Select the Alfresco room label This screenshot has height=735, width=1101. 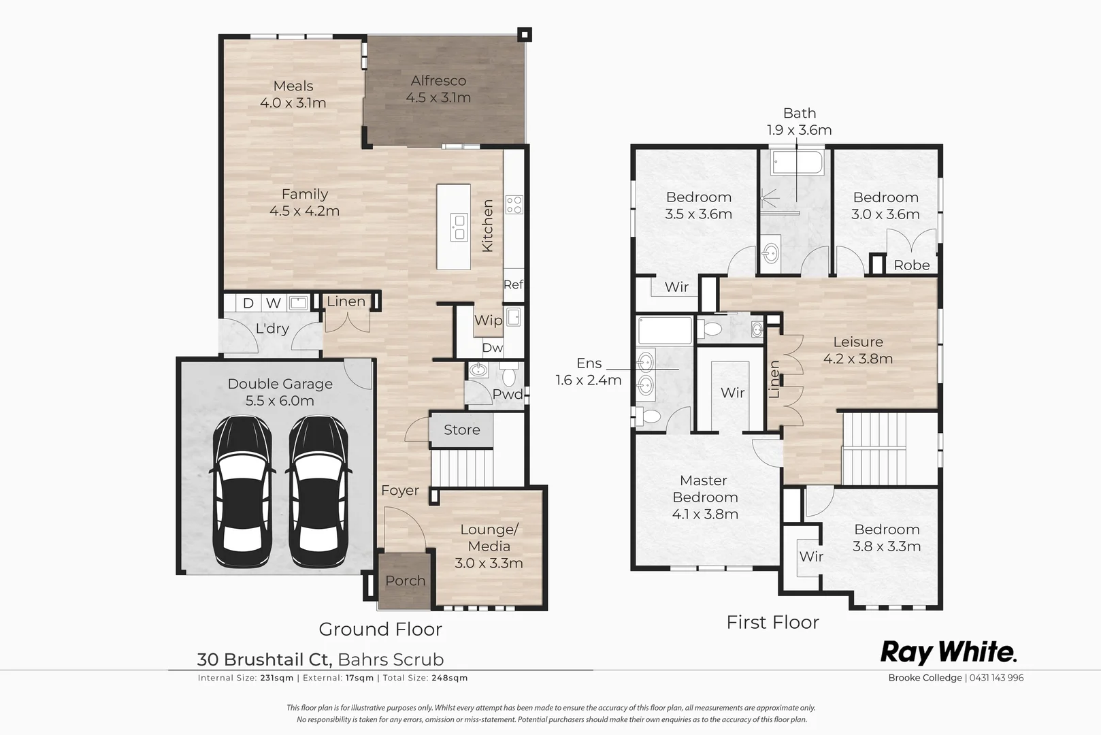point(438,81)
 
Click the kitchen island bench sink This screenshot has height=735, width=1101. point(459,227)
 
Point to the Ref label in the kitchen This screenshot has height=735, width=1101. point(513,284)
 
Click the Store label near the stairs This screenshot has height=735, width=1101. point(461,429)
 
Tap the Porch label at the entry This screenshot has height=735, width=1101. point(405,581)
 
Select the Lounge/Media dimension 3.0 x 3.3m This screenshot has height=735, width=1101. point(489,563)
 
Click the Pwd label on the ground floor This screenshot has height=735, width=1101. point(507,394)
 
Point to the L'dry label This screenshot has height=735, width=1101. point(272,328)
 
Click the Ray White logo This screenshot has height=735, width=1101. point(949,652)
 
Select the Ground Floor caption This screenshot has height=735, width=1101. point(380,629)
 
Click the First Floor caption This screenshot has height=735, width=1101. point(772,622)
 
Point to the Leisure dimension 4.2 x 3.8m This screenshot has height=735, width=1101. point(857,359)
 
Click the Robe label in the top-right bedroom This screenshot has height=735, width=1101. point(911,265)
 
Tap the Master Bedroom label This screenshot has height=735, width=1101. point(704,489)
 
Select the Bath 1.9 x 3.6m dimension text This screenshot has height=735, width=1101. point(799,130)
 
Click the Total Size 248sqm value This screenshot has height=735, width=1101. point(454,678)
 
